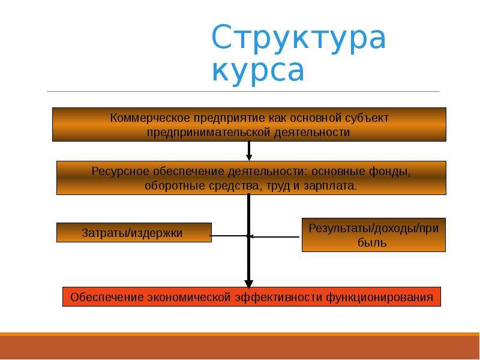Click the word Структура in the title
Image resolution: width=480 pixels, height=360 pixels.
tap(298, 38)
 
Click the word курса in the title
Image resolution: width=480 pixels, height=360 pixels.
tap(258, 70)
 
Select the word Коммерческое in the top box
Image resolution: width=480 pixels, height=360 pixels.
tap(150, 118)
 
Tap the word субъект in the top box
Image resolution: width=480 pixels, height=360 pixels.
tap(367, 118)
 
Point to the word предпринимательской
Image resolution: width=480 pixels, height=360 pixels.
tap(209, 133)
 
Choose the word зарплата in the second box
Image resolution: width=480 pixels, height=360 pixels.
tap(330, 186)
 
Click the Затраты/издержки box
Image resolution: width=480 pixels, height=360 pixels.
tap(134, 233)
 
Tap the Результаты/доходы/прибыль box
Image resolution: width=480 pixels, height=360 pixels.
tap(373, 235)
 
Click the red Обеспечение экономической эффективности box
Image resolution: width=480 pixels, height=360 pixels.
tap(251, 296)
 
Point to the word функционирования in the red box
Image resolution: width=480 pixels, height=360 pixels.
tap(379, 297)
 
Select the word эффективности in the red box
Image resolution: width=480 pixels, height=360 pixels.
tap(278, 297)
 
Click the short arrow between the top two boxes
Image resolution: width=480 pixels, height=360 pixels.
tap(249, 151)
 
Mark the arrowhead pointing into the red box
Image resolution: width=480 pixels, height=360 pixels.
tap(249, 284)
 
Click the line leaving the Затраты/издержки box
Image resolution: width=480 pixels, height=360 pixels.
tap(229, 236)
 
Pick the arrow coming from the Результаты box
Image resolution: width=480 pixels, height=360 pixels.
tap(274, 236)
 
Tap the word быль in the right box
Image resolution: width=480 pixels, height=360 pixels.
tap(372, 243)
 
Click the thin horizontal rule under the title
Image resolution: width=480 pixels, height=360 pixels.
tap(244, 91)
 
